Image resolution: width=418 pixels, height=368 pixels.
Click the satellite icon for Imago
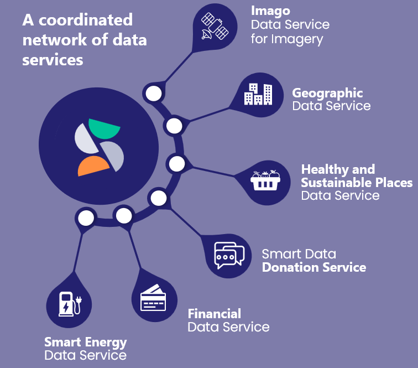(215, 26)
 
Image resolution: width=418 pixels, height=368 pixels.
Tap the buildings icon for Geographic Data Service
(258, 94)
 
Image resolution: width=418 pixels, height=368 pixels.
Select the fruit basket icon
(265, 180)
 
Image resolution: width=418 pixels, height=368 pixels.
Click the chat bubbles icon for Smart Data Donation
(229, 256)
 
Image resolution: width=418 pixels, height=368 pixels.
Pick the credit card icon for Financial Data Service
(153, 298)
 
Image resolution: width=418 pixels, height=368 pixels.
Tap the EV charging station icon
(70, 304)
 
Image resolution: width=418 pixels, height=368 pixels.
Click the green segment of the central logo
(104, 128)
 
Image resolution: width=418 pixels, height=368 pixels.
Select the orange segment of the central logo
(93, 166)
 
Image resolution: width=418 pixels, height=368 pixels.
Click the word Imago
(270, 11)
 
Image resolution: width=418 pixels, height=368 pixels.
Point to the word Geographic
(327, 94)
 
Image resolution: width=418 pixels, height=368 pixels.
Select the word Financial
(215, 314)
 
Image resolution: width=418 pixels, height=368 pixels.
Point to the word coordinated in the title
(86, 20)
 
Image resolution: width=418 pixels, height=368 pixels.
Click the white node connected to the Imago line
(154, 94)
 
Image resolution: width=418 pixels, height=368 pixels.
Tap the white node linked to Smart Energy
(86, 218)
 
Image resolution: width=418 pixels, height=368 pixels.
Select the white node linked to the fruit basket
(177, 164)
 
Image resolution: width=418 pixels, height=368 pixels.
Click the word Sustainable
(337, 183)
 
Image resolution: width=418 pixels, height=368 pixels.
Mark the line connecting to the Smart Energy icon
(78, 252)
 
